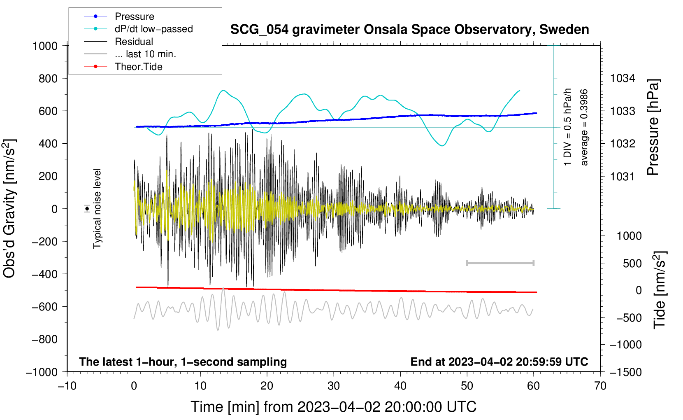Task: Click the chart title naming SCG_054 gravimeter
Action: pos(409,30)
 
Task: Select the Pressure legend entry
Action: pos(134,16)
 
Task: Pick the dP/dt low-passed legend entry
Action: pos(153,29)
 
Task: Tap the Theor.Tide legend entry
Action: pos(138,67)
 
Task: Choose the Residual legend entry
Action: pos(134,42)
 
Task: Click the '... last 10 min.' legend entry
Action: pos(145,54)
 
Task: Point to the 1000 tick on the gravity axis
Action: pos(45,46)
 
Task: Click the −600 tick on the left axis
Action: pos(45,307)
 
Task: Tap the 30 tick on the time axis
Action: pos(334,386)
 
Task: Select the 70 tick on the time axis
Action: pos(600,386)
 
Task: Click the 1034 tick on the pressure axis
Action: pos(623,78)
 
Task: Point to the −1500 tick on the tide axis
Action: pos(625,372)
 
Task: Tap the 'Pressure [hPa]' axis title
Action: pos(653,127)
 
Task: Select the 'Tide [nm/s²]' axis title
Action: pos(660,290)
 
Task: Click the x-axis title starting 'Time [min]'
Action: pos(333,407)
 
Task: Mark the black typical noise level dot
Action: pos(87,209)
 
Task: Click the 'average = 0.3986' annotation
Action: pos(584,127)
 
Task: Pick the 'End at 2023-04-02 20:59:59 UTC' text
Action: pos(499,362)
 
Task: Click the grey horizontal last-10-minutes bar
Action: pos(500,263)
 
